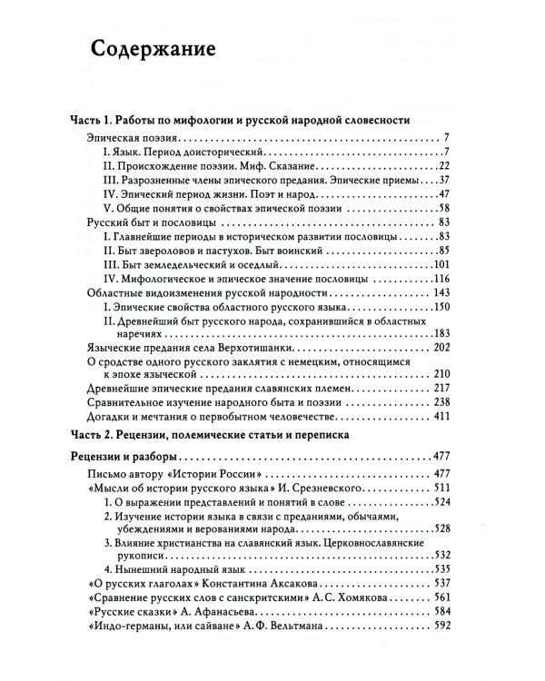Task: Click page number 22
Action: [x=443, y=166]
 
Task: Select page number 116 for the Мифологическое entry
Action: [x=441, y=278]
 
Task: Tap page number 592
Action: [x=442, y=625]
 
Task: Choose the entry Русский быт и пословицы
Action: [x=149, y=222]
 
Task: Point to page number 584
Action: [x=442, y=608]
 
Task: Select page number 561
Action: [x=442, y=591]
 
